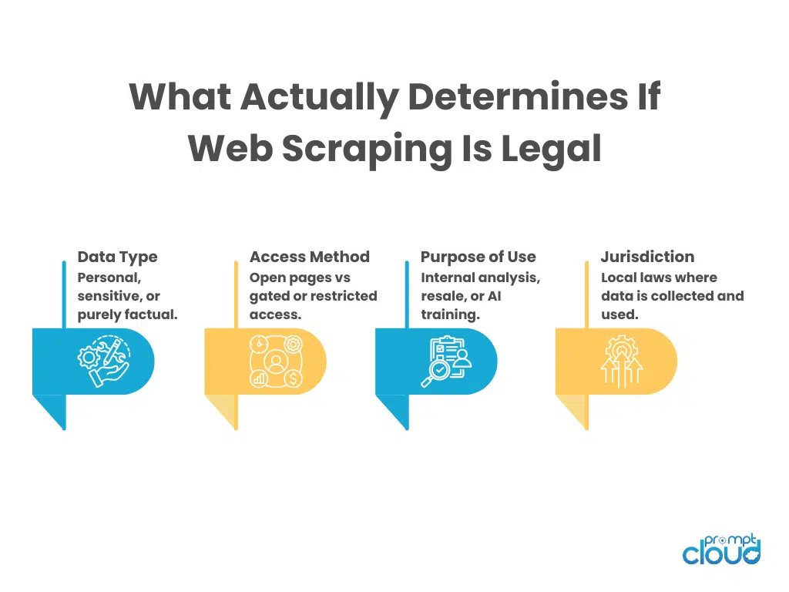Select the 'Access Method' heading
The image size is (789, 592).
[310, 257]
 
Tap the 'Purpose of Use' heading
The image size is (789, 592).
[478, 257]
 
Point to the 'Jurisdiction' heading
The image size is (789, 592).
[647, 257]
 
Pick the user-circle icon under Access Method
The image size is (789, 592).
[274, 362]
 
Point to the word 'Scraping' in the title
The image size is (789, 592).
[367, 147]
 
